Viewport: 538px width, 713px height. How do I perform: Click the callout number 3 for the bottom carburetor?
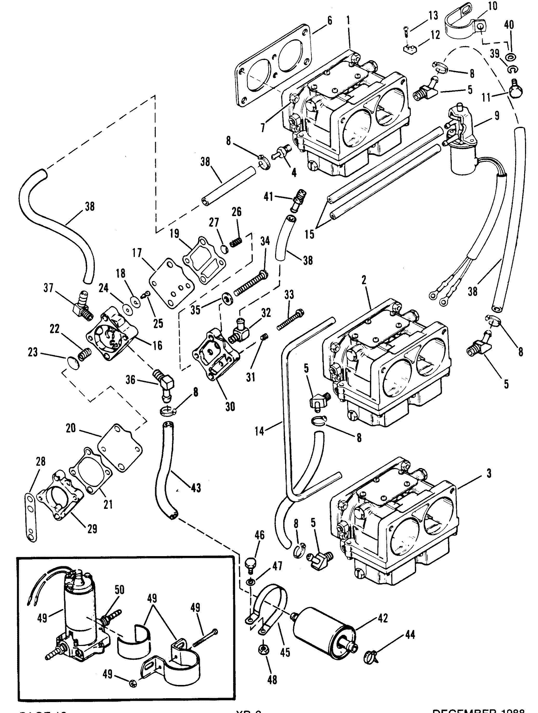click(x=489, y=474)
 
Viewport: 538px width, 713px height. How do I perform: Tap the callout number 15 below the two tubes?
click(x=309, y=234)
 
